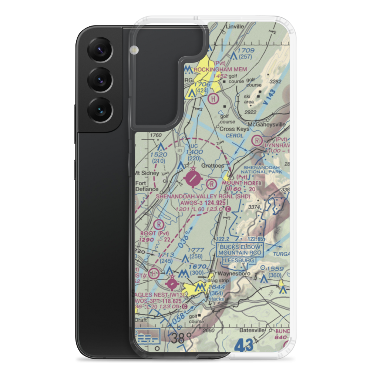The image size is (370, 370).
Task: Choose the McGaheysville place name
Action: point(267,124)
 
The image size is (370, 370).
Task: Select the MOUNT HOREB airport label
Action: point(241,183)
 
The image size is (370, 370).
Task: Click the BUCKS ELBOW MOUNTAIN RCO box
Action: point(240,250)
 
